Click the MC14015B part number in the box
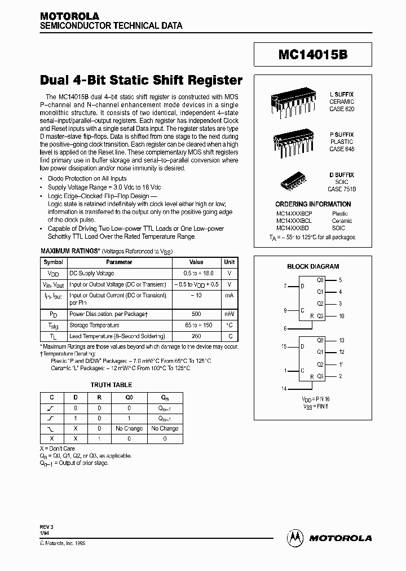point(312,55)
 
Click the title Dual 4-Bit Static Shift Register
point(142,80)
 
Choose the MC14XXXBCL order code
point(294,221)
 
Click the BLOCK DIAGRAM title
point(313,266)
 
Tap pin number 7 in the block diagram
point(285,287)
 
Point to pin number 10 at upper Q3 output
point(342,316)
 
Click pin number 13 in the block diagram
point(342,340)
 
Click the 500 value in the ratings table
point(196,314)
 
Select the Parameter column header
point(119,262)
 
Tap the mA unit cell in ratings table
point(230,295)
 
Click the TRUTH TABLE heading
point(111,385)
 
